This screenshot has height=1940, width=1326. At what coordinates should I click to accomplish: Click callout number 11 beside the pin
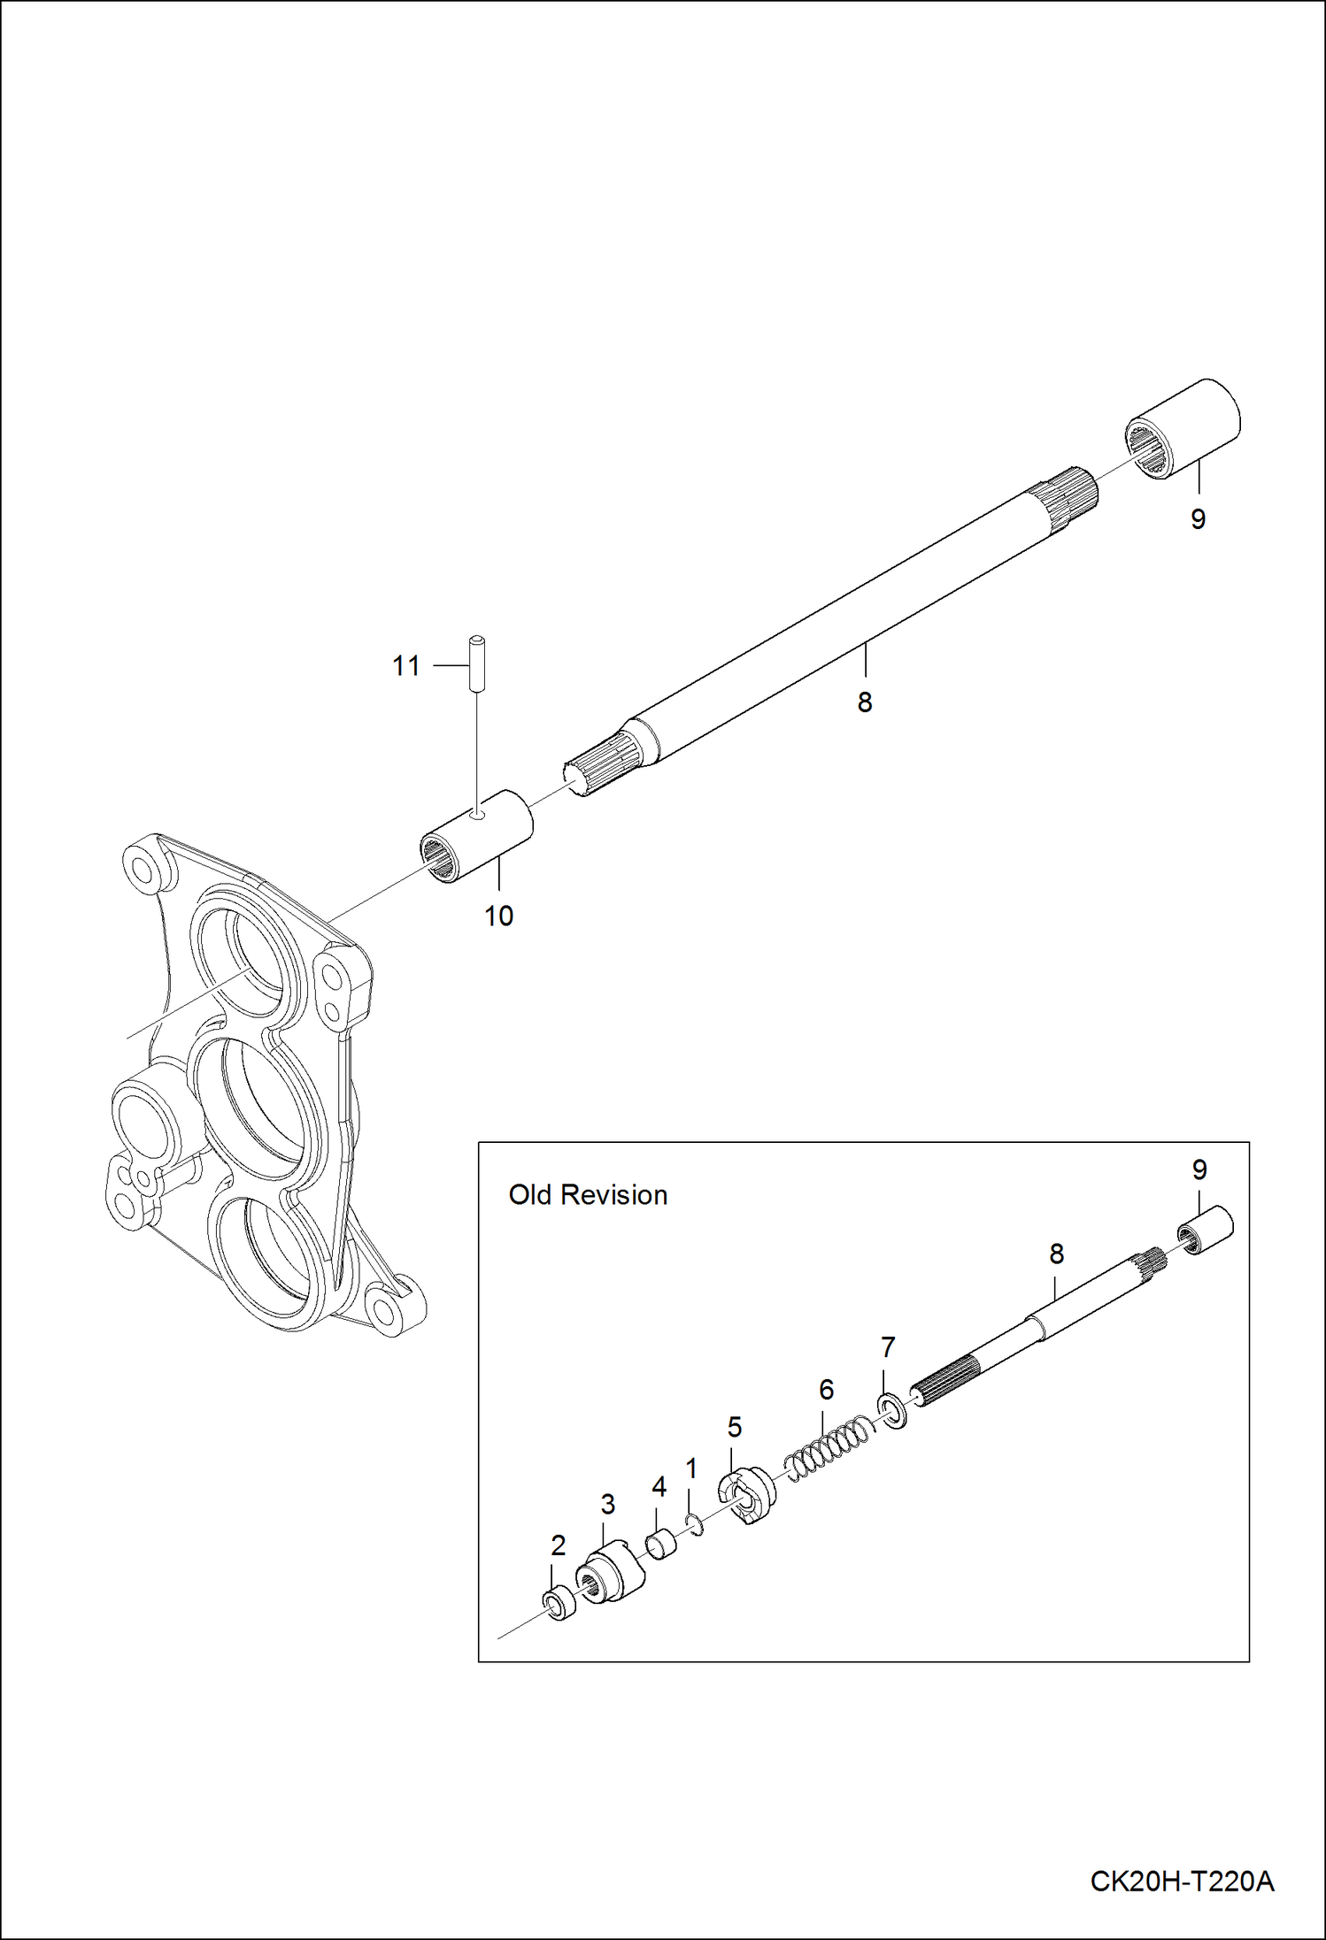click(406, 665)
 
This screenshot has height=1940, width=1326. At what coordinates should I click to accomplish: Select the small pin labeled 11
click(477, 663)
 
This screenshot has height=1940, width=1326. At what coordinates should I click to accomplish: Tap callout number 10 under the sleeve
click(498, 916)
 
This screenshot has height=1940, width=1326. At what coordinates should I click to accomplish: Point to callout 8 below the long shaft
click(865, 702)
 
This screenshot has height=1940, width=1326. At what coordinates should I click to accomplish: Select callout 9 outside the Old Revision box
click(1198, 519)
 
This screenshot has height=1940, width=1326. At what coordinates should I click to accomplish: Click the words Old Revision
click(588, 1195)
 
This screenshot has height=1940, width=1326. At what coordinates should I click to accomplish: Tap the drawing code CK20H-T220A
click(1182, 1880)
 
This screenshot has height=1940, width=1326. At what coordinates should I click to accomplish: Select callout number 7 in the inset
click(888, 1347)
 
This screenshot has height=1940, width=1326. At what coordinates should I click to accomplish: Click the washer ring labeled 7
click(892, 1410)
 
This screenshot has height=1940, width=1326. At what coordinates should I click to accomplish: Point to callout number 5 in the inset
click(734, 1426)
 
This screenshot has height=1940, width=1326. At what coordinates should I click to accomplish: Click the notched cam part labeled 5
click(746, 1496)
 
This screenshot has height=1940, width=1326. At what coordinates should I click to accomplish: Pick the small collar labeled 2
click(558, 1604)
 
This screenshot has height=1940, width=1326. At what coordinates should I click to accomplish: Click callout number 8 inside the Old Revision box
click(1056, 1254)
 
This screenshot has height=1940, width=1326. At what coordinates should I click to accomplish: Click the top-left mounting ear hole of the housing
click(141, 866)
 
